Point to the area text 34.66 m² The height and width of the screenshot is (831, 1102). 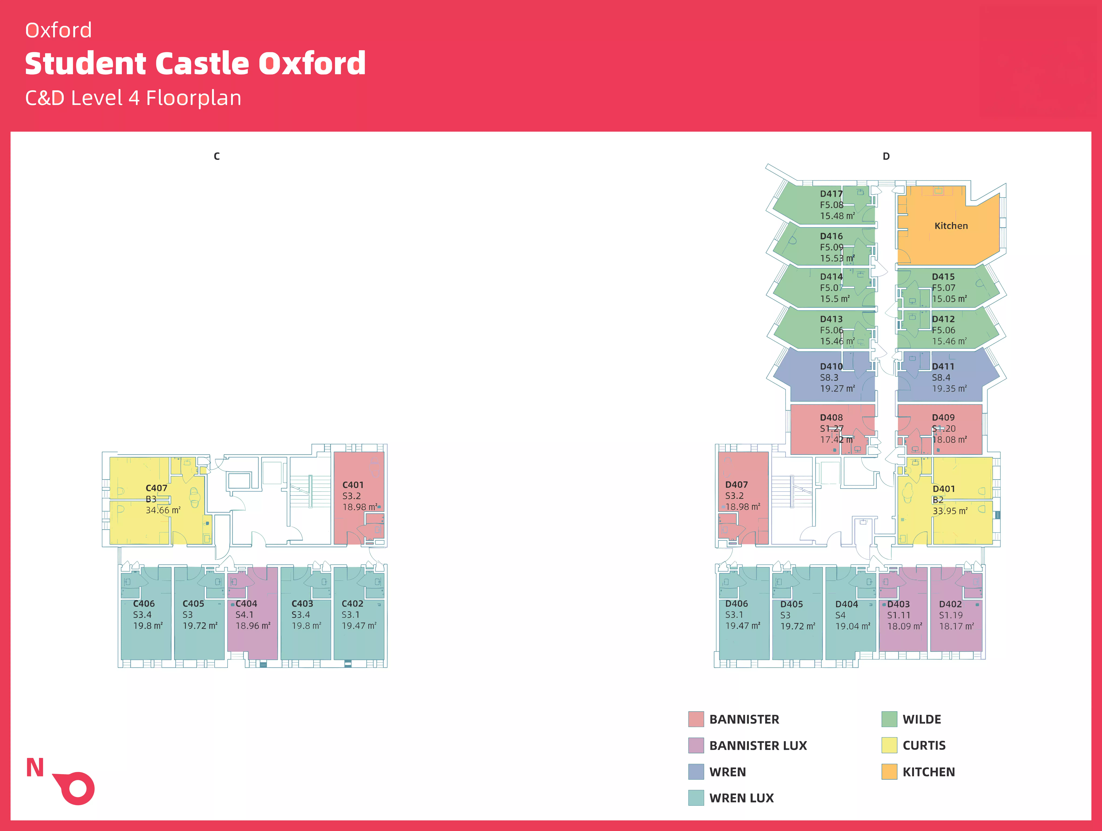coord(163,510)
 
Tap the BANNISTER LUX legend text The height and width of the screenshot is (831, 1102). coord(758,745)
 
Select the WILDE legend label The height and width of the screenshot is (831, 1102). coord(922,719)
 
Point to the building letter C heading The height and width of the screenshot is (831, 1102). coord(217,156)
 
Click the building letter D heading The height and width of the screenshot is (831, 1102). coord(886,156)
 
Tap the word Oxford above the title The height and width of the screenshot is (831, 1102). coord(58,30)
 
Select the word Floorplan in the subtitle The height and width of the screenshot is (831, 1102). coord(193,98)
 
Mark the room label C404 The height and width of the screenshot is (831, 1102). coord(246,603)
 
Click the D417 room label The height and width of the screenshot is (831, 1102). coord(831,194)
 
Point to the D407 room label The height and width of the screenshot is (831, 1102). coord(736,484)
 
